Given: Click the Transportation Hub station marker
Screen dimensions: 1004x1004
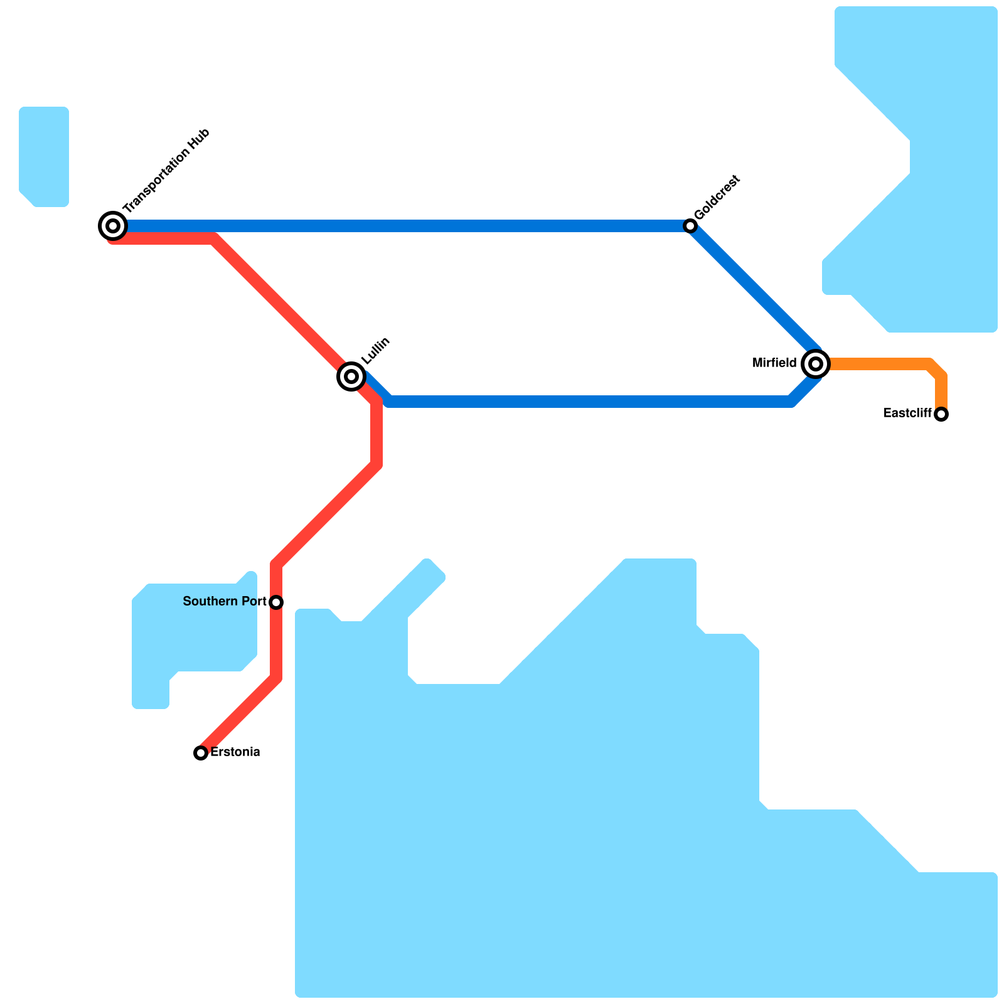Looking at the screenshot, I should pyautogui.click(x=113, y=226).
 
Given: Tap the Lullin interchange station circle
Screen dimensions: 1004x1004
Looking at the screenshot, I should pyautogui.click(x=351, y=376).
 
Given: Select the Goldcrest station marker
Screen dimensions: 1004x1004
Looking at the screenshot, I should pyautogui.click(x=690, y=226).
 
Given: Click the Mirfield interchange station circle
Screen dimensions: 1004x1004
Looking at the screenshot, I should pyautogui.click(x=816, y=363).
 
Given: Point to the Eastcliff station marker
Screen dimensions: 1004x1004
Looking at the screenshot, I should pyautogui.click(x=941, y=414).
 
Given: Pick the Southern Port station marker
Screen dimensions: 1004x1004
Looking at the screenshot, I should pyautogui.click(x=276, y=602).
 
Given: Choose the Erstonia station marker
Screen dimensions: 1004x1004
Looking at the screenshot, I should pyautogui.click(x=201, y=752).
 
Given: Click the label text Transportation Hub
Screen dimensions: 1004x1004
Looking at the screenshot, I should pyautogui.click(x=166, y=171).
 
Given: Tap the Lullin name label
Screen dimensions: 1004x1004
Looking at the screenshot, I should pyautogui.click(x=376, y=351).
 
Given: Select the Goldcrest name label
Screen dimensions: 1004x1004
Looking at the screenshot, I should pyautogui.click(x=717, y=197).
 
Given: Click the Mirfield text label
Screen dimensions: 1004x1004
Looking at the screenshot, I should pyautogui.click(x=774, y=363).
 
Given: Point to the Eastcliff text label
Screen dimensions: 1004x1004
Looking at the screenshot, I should pyautogui.click(x=907, y=414).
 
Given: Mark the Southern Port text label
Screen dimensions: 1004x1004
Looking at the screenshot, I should pyautogui.click(x=225, y=602).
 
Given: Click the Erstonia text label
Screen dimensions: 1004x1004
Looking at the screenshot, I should pyautogui.click(x=235, y=752).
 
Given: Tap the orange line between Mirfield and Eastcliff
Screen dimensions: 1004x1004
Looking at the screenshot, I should pyautogui.click(x=878, y=364).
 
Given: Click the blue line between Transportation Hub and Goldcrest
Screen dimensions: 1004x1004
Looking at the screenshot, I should pyautogui.click(x=402, y=226).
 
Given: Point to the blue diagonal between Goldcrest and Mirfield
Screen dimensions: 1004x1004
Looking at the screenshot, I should pyautogui.click(x=753, y=289).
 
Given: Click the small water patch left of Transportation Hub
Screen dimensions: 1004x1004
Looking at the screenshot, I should pyautogui.click(x=44, y=157).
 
